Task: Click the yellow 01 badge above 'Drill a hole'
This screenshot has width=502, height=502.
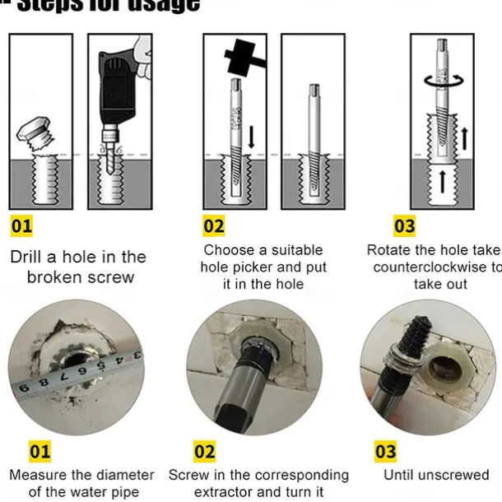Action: tap(22, 225)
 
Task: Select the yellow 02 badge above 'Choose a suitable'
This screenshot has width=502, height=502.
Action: tap(214, 225)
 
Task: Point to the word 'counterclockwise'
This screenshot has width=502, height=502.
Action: tap(432, 267)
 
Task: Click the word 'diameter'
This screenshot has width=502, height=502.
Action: tap(123, 475)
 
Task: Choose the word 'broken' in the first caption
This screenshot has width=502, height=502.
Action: tap(57, 277)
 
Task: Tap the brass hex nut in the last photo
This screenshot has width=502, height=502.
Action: tap(442, 371)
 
